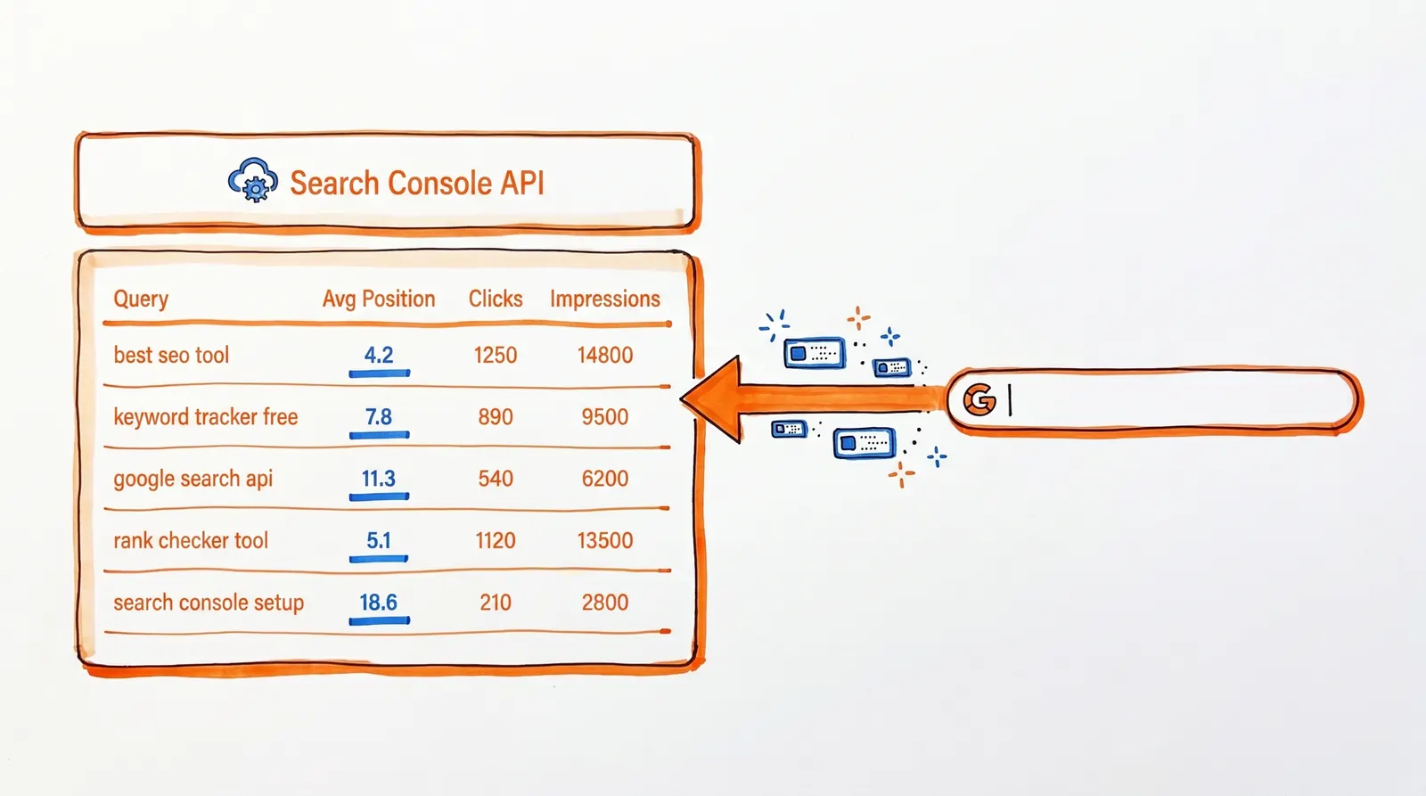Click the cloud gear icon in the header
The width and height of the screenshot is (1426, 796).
pyautogui.click(x=253, y=181)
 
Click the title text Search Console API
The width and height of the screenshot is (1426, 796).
pyautogui.click(x=416, y=183)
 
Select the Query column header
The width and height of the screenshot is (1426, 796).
pyautogui.click(x=141, y=299)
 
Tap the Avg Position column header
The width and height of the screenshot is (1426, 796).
pyautogui.click(x=379, y=299)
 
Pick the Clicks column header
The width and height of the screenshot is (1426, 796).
pyautogui.click(x=496, y=299)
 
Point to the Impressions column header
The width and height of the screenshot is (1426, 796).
pyautogui.click(x=605, y=299)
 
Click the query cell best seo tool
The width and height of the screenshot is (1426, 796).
pyautogui.click(x=171, y=355)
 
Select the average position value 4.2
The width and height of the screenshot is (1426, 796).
pyautogui.click(x=379, y=355)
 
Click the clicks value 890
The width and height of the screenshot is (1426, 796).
pyautogui.click(x=496, y=416)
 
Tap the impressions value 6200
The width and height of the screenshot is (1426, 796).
pyautogui.click(x=605, y=479)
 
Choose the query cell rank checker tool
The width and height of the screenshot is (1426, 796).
pyautogui.click(x=191, y=540)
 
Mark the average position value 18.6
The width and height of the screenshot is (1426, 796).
pyautogui.click(x=379, y=603)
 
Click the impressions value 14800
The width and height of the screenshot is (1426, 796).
pyautogui.click(x=605, y=355)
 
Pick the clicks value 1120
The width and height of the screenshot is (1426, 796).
pyautogui.click(x=496, y=540)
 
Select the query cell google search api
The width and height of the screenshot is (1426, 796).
pyautogui.click(x=193, y=479)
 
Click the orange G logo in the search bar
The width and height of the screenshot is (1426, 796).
pyautogui.click(x=979, y=400)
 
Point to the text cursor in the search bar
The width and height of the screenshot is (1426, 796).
pyautogui.click(x=1010, y=400)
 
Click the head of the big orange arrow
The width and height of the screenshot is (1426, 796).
pyautogui.click(x=714, y=399)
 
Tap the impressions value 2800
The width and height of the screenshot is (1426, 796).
pyautogui.click(x=605, y=603)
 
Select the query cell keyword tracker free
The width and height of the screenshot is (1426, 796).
pyautogui.click(x=206, y=416)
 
